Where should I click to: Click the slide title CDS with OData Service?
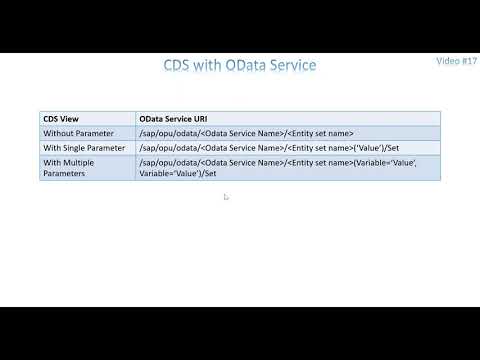240,66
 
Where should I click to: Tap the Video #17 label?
457,61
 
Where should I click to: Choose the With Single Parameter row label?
84,147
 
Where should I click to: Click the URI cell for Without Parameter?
247,133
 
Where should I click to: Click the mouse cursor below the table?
226,197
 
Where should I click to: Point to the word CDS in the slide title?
179,66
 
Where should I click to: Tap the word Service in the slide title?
293,66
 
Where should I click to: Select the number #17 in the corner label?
468,61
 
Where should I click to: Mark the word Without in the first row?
58,133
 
